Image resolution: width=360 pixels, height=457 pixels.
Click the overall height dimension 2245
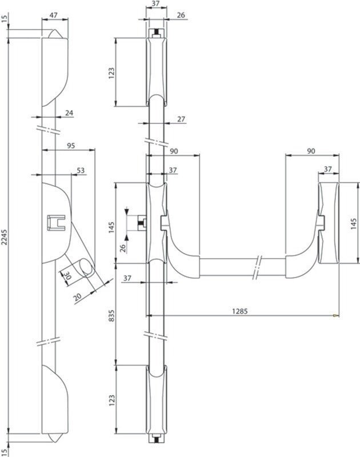point(5,235)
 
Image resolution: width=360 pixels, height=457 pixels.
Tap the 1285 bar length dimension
point(239,311)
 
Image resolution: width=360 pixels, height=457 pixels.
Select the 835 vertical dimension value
point(112,316)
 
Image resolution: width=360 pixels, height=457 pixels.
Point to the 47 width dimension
point(53,15)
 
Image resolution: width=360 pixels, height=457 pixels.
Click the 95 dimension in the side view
point(71,146)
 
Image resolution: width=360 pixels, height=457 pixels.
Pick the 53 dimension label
point(81,170)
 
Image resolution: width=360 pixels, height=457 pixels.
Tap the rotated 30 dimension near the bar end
point(67,276)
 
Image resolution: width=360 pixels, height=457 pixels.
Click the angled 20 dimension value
point(78,297)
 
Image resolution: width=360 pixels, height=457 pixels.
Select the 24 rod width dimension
point(69,113)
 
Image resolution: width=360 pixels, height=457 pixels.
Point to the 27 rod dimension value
point(181,119)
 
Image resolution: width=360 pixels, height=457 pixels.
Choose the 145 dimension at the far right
point(354,223)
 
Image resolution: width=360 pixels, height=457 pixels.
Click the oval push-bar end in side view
point(87,267)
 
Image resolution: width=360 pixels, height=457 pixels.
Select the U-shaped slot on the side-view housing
point(56,223)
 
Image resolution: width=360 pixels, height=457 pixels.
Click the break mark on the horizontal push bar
point(257,267)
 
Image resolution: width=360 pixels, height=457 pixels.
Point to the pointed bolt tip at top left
point(54,34)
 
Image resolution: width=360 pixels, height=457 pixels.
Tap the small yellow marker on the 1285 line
point(335,315)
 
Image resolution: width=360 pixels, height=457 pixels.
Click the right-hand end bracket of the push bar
point(328,223)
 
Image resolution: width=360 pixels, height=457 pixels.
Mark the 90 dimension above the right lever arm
point(311,151)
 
